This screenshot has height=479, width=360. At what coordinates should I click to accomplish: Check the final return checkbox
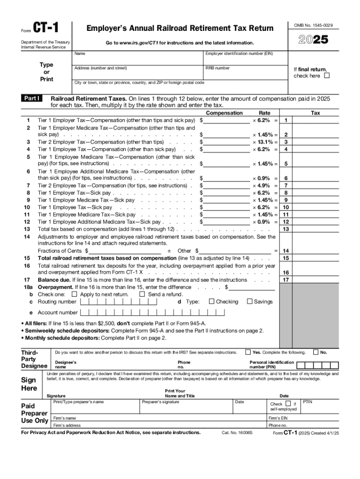tap(327, 76)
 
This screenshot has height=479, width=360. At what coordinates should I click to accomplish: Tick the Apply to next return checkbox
tap(74, 294)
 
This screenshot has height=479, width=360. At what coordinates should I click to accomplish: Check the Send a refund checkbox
tap(142, 294)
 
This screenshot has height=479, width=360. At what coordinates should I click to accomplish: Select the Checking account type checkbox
tap(212, 302)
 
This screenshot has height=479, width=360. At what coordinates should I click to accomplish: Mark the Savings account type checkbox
tap(249, 302)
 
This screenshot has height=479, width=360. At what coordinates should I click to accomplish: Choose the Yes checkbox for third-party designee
tap(248, 352)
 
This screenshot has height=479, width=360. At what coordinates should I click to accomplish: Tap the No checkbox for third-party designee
tap(316, 352)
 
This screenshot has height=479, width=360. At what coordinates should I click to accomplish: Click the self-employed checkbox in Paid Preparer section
tap(288, 403)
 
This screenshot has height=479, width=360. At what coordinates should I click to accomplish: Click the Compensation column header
tap(224, 113)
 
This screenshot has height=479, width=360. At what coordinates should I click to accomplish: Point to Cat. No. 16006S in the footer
tap(237, 433)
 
